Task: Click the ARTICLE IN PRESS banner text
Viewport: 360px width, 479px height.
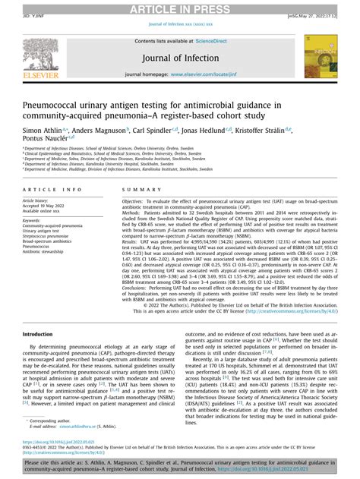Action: pos(179,8)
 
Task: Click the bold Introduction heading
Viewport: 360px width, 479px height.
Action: pos(38,334)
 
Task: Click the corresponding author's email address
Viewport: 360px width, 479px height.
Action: pos(65,427)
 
